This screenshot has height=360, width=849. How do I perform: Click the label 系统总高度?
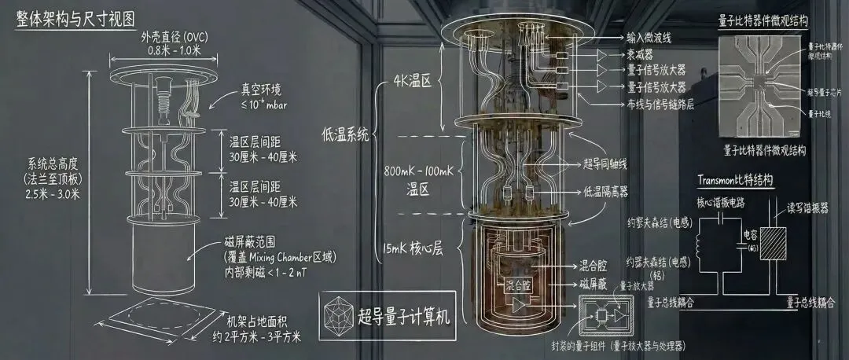(47, 167)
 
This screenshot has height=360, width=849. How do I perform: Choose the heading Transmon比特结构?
(734, 180)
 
